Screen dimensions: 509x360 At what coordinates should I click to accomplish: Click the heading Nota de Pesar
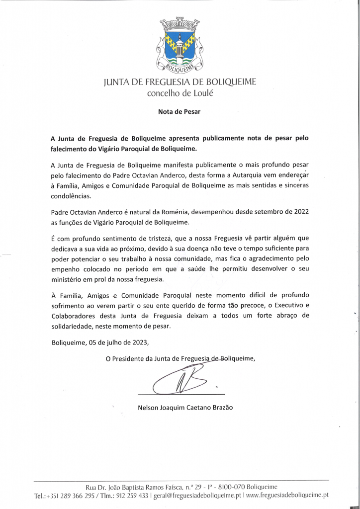click(179, 112)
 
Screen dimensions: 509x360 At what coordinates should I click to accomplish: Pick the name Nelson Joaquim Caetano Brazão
click(185, 408)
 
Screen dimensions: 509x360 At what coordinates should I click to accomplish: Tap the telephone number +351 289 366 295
click(71, 496)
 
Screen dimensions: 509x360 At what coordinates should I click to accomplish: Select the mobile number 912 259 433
click(132, 496)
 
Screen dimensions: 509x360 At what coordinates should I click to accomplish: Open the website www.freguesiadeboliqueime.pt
click(287, 496)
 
